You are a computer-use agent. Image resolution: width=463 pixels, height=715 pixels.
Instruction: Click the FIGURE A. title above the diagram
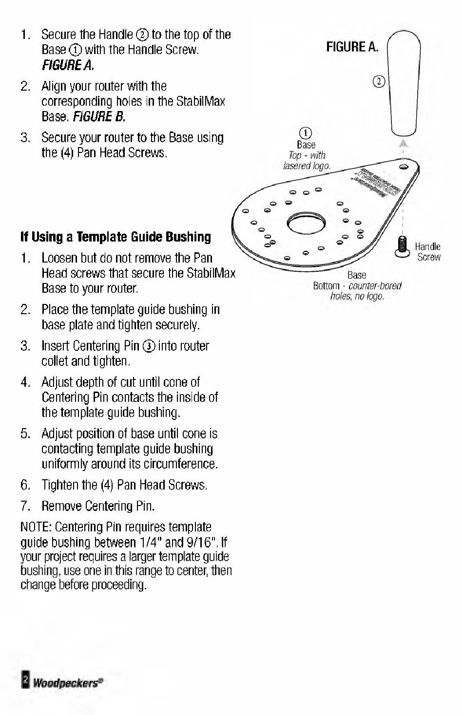point(352,47)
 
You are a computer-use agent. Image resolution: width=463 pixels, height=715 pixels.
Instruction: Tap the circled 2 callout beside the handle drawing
point(379,81)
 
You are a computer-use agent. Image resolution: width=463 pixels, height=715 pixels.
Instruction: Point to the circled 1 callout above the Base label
point(306,133)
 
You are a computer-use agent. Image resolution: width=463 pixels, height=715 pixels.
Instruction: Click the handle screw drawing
point(402,245)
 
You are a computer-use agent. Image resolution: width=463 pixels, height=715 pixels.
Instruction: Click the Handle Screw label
point(428,252)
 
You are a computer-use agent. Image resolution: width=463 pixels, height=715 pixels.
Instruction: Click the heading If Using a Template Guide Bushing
point(116,237)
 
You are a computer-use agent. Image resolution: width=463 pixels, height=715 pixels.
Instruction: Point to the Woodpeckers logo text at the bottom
point(68,682)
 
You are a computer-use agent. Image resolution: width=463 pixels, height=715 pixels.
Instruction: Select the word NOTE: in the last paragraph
point(37,527)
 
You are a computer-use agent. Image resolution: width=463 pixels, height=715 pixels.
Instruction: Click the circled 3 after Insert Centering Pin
point(149,346)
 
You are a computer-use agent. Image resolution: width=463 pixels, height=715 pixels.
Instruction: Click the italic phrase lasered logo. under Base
point(307,166)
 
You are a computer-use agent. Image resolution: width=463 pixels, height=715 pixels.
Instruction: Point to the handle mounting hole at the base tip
point(403,167)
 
